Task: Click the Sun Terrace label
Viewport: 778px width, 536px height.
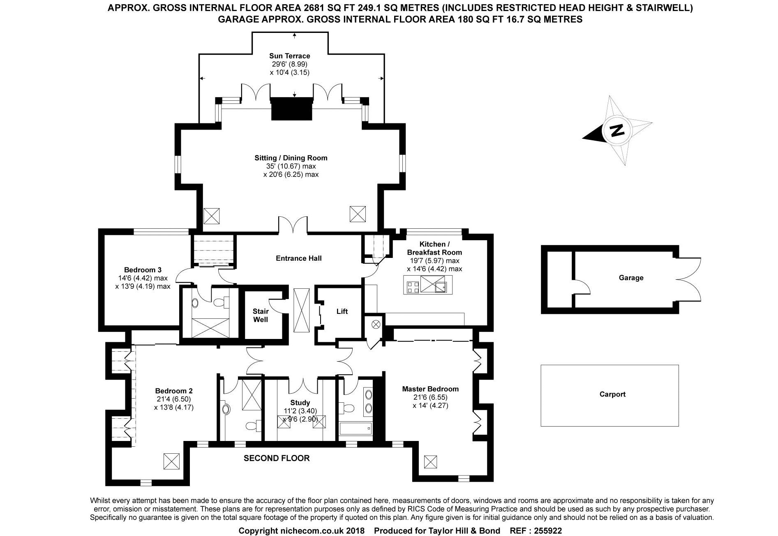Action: click(289, 56)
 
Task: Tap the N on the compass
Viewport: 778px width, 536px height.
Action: click(617, 130)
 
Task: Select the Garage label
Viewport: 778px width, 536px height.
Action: click(631, 278)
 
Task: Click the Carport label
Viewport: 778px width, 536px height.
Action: click(612, 394)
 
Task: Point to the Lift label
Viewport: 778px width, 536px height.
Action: click(342, 311)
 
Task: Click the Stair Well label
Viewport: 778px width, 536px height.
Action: click(261, 315)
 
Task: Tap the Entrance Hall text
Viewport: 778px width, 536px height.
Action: click(298, 258)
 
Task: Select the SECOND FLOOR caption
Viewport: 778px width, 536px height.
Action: click(277, 458)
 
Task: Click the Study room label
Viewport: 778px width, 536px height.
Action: click(300, 403)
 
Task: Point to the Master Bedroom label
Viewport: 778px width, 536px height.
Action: click(430, 389)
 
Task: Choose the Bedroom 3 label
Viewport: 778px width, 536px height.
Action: click(143, 270)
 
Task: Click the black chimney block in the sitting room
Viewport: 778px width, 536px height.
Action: click(291, 109)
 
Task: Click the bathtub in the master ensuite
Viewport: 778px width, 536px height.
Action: click(356, 429)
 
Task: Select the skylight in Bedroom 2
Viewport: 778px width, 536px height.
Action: click(171, 461)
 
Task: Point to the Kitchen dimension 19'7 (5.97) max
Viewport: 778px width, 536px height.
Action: click(434, 261)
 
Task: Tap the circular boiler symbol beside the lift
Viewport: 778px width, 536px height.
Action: click(375, 324)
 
